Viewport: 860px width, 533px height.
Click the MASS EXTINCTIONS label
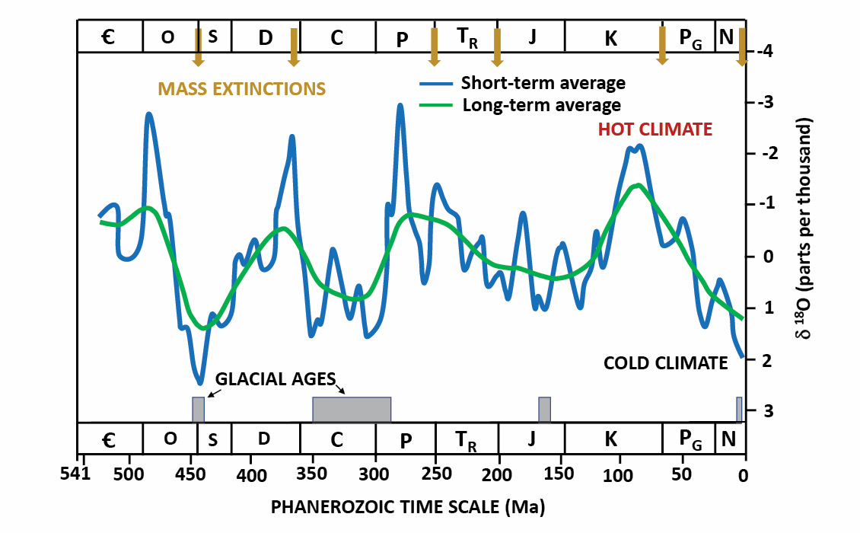point(242,89)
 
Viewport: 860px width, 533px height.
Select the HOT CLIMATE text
point(655,129)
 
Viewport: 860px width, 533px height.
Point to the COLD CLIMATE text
point(666,363)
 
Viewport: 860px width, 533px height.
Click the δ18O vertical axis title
point(813,228)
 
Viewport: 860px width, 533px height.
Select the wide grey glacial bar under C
point(352,409)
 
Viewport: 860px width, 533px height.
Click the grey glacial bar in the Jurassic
point(544,409)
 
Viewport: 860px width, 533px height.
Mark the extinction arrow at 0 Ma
point(742,48)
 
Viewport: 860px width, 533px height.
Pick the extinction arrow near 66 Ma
point(662,46)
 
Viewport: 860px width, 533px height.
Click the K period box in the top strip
point(611,37)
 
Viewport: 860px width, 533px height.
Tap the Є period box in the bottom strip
point(110,439)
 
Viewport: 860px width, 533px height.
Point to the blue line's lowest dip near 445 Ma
point(199,381)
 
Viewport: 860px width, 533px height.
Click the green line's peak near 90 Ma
point(637,185)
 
